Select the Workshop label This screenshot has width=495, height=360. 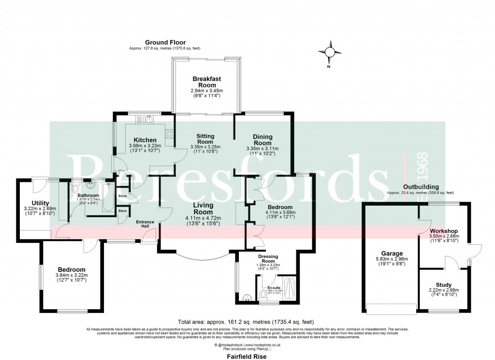[443, 230]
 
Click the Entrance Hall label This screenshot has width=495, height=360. [145, 225]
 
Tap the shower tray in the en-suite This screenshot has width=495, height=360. [291, 289]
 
